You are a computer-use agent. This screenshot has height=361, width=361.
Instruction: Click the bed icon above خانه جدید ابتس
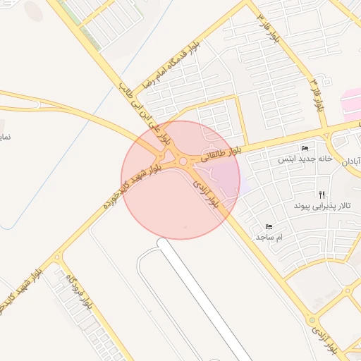tap(305, 148)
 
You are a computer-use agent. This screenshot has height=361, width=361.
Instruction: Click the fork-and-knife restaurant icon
tap(322, 194)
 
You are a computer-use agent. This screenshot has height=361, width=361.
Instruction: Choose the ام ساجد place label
tap(269, 238)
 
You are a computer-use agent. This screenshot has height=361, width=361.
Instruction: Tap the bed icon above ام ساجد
tap(269, 226)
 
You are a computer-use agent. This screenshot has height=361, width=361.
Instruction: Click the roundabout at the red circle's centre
tap(184, 163)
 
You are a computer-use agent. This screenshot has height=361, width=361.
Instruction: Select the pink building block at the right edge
tap(351, 102)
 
